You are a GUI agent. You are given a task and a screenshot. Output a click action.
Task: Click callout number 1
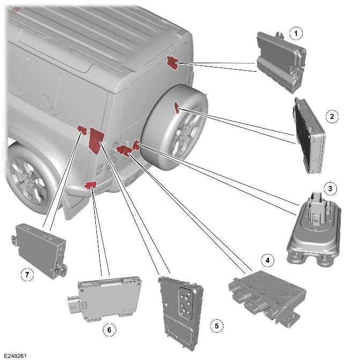(x=294, y=34)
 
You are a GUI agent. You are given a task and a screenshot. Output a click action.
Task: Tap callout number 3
(x=332, y=189)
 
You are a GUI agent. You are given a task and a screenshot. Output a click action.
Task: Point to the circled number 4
(x=265, y=260)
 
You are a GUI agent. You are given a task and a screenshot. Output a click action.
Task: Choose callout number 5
(x=216, y=325)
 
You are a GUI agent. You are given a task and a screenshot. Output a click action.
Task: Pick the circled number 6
(x=109, y=330)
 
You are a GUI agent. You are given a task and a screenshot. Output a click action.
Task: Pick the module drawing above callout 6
(x=107, y=298)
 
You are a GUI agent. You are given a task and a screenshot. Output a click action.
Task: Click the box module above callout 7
(x=41, y=246)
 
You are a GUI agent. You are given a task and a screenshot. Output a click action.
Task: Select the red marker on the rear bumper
(x=91, y=185)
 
